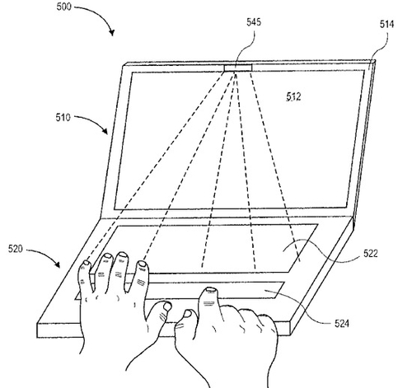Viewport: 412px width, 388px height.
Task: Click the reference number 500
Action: tap(63, 7)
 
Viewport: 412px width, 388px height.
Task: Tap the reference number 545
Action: tap(254, 22)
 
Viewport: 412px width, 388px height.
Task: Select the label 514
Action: tap(386, 24)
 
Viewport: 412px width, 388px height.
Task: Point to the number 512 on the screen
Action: tap(293, 96)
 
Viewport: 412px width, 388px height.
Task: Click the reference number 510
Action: tap(63, 118)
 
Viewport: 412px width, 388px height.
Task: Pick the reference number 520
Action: tap(16, 249)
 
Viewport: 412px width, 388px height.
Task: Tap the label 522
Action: tap(371, 253)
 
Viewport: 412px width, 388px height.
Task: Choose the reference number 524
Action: tap(342, 324)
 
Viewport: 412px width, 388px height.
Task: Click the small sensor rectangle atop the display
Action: tap(238, 68)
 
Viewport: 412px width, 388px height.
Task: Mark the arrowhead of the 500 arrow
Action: tap(111, 32)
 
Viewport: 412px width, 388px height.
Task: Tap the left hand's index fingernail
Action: tap(143, 264)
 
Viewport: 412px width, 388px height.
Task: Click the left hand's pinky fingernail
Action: tap(87, 263)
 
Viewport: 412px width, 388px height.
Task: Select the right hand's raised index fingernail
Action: tap(211, 289)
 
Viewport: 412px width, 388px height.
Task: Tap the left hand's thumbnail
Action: tap(167, 306)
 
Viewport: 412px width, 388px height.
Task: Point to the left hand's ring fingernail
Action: tap(107, 256)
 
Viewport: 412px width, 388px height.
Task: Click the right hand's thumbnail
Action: tap(188, 313)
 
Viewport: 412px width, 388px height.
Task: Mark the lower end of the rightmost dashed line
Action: tap(300, 261)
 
